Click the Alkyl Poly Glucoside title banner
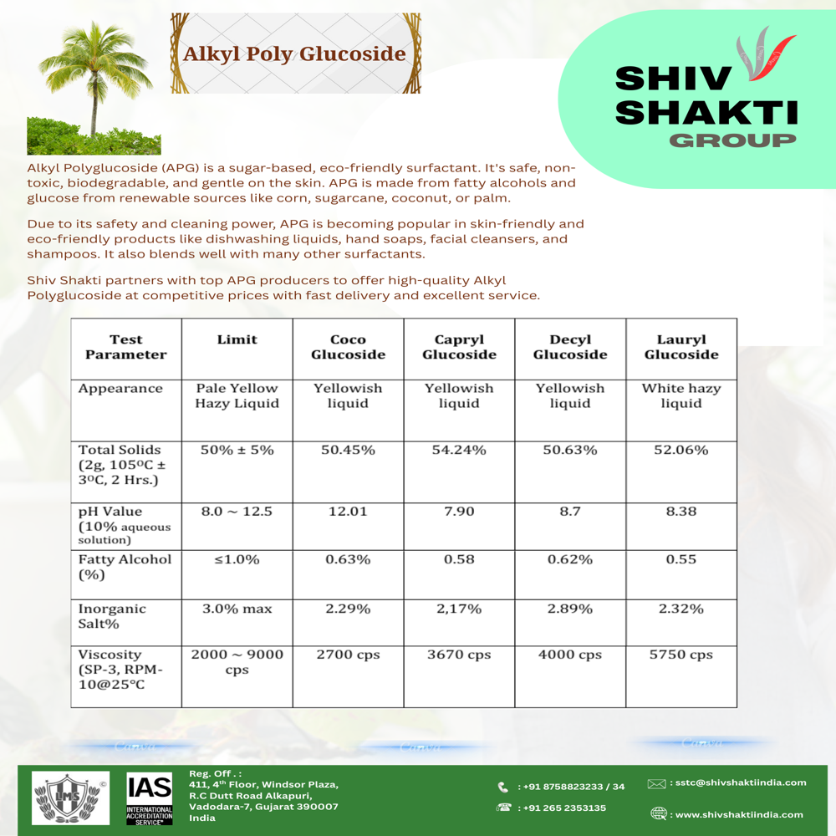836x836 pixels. [295, 54]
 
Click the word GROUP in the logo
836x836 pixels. [732, 140]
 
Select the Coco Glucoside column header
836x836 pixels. [348, 347]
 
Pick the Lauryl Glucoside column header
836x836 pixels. [681, 347]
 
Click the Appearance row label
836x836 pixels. [120, 389]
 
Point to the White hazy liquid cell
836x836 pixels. [681, 396]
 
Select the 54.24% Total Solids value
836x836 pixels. [459, 450]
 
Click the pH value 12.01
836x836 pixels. [348, 512]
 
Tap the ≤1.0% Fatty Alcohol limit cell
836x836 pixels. [237, 559]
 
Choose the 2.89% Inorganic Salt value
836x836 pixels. [570, 609]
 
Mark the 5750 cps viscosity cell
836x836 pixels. [681, 655]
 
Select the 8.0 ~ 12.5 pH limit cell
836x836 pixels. [237, 512]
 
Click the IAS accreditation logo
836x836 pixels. [149, 799]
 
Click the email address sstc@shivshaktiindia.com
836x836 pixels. [738, 783]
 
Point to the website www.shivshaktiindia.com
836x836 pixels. [739, 814]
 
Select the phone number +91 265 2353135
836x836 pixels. [563, 808]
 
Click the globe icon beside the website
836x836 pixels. [659, 813]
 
